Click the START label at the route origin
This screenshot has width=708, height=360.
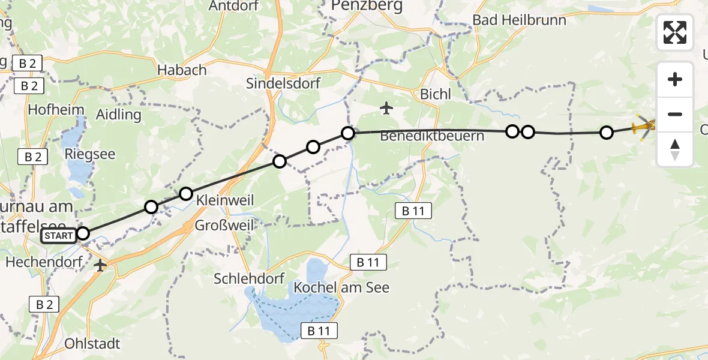pos(58,236)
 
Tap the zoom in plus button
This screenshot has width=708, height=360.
pos(675,79)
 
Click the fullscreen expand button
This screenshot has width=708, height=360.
pos(675,32)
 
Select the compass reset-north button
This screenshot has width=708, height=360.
pos(675,149)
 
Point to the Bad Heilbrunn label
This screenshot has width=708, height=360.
pos(519,20)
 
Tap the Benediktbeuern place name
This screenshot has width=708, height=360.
pos(432,136)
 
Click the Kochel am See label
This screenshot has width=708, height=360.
pos(341,287)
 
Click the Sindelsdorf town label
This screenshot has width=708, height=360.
pos(283,83)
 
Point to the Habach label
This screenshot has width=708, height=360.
pos(182,70)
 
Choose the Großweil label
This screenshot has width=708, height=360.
pos(225,226)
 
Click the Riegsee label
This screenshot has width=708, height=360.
pos(91,154)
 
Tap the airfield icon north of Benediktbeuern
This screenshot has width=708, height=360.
pos(386,109)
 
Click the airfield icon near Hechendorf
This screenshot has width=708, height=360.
pos(100,265)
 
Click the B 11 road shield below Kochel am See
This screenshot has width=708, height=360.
pos(319,331)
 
